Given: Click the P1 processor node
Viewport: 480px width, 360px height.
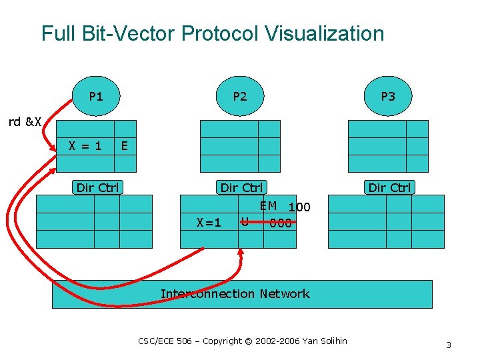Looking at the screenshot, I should click(x=96, y=97).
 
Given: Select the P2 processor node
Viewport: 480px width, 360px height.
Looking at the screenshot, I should click(x=240, y=97).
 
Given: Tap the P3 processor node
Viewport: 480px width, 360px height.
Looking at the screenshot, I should click(x=388, y=97).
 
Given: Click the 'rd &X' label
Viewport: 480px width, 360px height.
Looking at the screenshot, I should click(x=25, y=122).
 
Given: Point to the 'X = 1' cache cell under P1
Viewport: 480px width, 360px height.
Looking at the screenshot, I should click(x=85, y=145).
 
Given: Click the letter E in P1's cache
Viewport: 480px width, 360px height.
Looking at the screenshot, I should click(x=124, y=145).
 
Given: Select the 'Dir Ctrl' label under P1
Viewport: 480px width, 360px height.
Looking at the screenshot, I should click(x=97, y=187).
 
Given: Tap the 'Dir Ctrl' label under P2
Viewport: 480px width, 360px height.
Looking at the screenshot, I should click(x=241, y=187).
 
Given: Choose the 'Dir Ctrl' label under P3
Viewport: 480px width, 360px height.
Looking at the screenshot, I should click(x=389, y=187).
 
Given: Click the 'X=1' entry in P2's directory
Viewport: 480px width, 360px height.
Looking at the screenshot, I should click(x=209, y=223).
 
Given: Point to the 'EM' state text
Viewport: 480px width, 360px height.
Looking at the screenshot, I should click(x=269, y=206).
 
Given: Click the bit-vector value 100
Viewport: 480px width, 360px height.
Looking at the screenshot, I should click(x=299, y=207).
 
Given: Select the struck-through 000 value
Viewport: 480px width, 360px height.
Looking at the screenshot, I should click(x=281, y=223).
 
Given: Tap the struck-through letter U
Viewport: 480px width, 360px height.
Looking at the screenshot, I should click(x=245, y=221).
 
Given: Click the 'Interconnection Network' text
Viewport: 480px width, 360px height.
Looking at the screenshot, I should click(x=235, y=294).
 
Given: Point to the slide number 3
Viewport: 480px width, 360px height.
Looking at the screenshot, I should click(x=449, y=345).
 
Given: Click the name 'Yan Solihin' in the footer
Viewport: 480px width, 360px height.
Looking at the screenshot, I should click(x=325, y=341).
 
